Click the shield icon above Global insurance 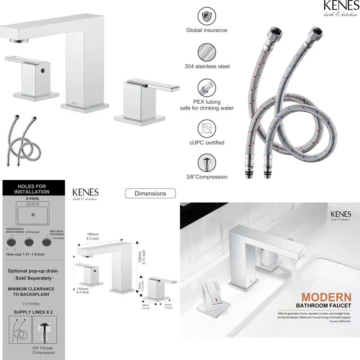click(x=207, y=17)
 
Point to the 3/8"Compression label click(x=207, y=177)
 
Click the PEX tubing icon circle click(x=207, y=88)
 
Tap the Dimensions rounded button click(x=150, y=193)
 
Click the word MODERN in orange click(x=326, y=297)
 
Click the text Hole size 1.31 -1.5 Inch click(x=26, y=255)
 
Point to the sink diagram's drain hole click(x=33, y=215)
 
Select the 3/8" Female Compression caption click(x=43, y=350)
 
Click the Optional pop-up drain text click(x=33, y=271)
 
